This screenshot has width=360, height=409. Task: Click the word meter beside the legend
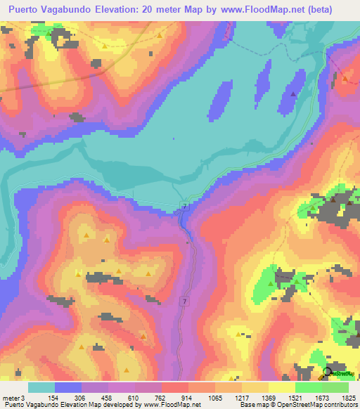coord(11,397)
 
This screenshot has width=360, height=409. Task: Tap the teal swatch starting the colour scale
coord(41,387)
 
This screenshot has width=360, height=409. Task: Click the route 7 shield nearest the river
coord(184,206)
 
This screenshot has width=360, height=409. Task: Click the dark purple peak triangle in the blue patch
coord(292,93)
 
